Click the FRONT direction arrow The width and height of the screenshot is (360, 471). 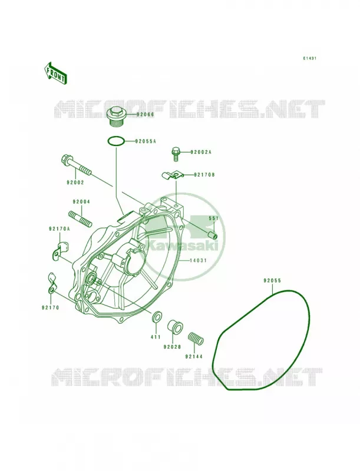55,73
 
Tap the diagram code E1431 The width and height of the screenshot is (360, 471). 309,58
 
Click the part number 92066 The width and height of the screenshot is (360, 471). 145,114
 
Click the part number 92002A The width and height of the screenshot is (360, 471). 200,152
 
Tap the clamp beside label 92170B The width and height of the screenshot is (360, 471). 171,175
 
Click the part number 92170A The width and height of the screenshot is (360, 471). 59,229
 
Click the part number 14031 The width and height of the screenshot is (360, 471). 198,260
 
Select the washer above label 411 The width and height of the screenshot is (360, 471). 157,317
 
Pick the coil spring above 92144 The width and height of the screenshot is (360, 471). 196,338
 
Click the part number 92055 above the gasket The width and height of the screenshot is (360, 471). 272,281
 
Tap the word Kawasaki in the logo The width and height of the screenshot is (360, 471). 184,246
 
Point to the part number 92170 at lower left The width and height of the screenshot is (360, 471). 50,307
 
